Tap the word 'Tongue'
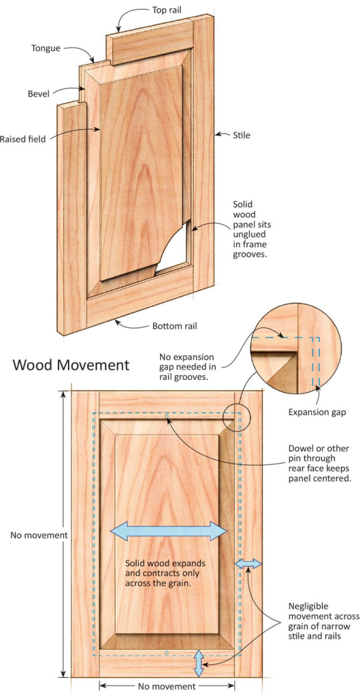[x=46, y=48]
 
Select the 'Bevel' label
[x=38, y=93]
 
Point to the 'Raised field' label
[x=22, y=139]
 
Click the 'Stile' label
[x=242, y=135]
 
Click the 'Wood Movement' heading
[x=71, y=366]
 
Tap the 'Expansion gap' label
[x=317, y=412]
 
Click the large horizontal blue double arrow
[x=169, y=532]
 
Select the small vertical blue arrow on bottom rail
[x=199, y=663]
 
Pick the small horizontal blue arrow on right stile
[x=248, y=564]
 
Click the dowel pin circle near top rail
[x=167, y=417]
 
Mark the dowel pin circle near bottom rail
[x=167, y=652]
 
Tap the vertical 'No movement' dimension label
[x=39, y=535]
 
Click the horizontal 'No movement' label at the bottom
[x=167, y=686]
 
